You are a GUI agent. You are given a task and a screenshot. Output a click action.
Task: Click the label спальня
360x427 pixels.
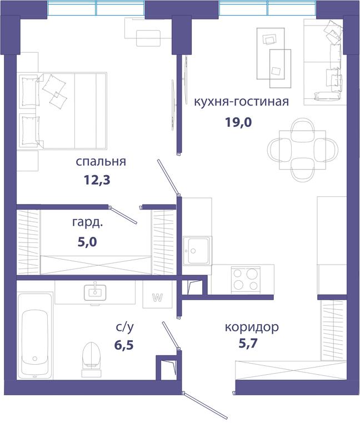pos(101,162)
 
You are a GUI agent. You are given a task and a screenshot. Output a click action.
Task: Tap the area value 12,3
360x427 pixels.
pos(97,180)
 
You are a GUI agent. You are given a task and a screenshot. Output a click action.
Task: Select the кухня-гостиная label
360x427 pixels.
pos(241,102)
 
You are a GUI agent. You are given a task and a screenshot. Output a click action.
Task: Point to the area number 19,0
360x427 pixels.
pos(238,122)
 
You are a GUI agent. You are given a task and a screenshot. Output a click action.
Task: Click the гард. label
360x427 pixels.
pos(88,223)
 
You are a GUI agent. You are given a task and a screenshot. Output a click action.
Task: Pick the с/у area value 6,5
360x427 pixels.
pos(124,345)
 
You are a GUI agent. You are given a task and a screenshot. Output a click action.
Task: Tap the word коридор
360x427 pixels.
pos(252,327)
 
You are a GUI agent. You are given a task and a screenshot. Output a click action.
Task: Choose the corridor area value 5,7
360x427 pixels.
pos(248,344)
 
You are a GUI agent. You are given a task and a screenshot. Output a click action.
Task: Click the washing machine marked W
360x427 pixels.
pos(158,294)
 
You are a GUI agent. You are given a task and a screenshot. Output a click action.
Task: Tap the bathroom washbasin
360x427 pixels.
pos(95,292)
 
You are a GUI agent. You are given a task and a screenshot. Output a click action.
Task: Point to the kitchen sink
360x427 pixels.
pos(197,251)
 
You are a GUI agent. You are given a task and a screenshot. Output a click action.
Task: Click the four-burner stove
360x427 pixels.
pos(246,280)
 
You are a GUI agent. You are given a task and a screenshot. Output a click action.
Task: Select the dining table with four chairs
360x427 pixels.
pos(303,150)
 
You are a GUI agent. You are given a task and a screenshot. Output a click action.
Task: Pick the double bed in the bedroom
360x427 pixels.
pos(62,111)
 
